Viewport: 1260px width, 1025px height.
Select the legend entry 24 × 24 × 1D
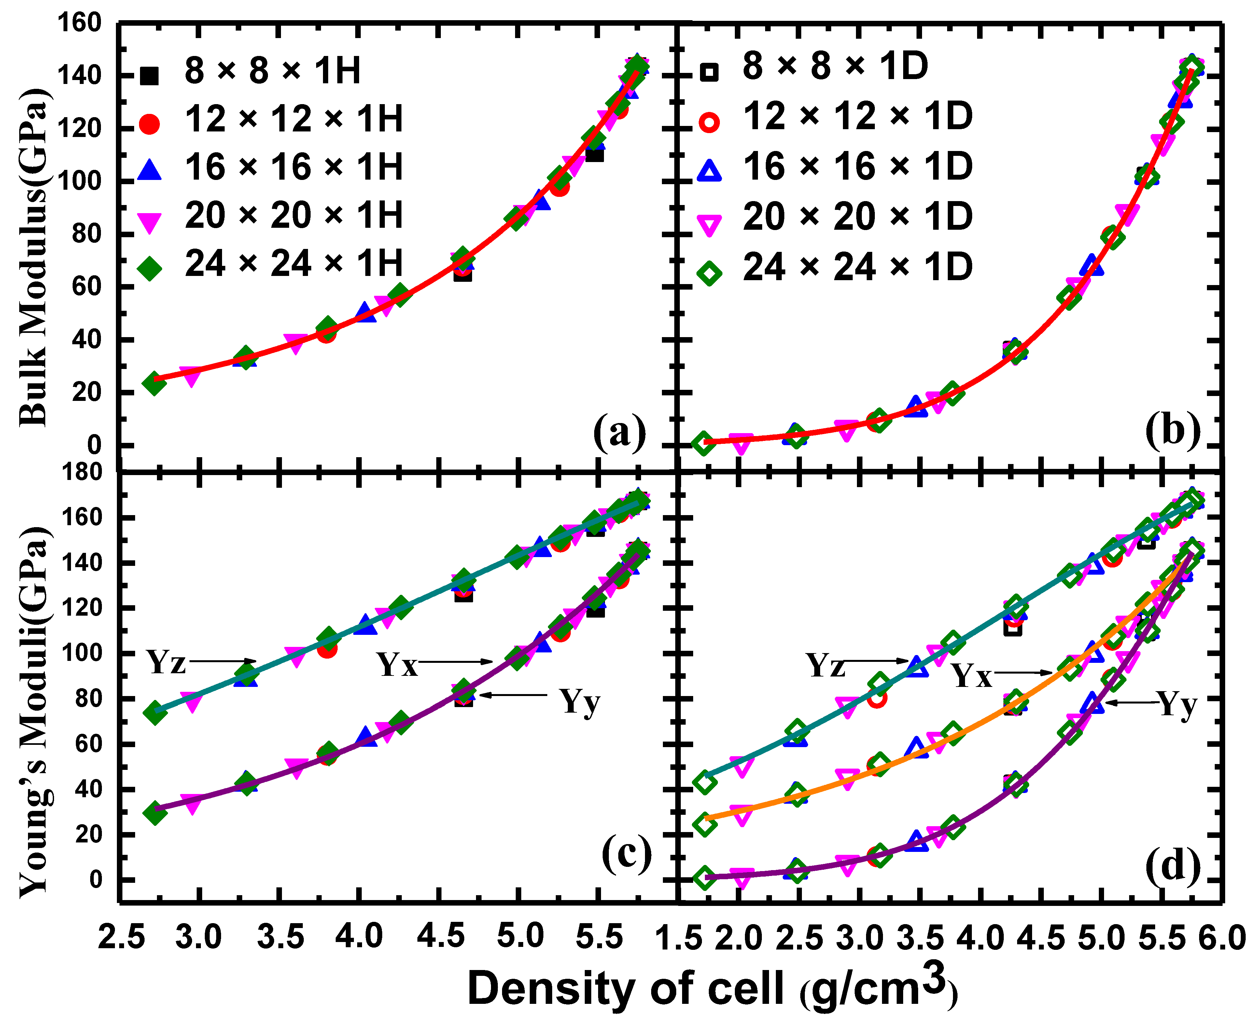(x=857, y=267)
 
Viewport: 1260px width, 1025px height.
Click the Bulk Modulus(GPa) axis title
(x=34, y=257)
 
